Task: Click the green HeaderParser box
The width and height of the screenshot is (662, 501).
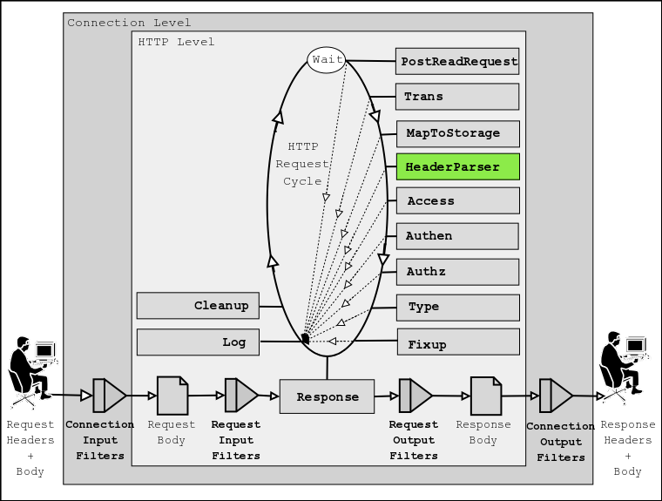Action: tap(458, 166)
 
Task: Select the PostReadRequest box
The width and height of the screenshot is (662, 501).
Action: tap(458, 62)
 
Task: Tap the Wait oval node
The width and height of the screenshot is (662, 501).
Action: tap(327, 59)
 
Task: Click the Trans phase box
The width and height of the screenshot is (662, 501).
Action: tap(458, 97)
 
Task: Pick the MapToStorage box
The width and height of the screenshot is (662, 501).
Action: tap(458, 133)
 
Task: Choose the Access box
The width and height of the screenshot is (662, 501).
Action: tap(458, 201)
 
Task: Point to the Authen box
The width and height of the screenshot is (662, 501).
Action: tap(458, 236)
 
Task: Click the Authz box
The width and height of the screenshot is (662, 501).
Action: tap(458, 272)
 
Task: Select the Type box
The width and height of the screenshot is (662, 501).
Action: tap(458, 307)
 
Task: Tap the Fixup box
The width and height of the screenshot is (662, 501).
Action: tap(458, 342)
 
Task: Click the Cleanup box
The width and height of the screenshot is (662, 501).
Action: tap(198, 306)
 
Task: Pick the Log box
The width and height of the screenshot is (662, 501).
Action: tap(198, 342)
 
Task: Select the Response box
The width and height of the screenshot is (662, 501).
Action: tap(327, 396)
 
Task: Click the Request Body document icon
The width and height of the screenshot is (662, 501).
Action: tap(172, 396)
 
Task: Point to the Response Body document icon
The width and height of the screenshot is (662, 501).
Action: tap(486, 396)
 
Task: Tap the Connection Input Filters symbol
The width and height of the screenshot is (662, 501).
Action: tap(109, 396)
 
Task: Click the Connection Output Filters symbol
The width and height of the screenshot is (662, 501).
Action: tap(555, 396)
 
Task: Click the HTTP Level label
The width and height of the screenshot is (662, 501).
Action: tap(176, 42)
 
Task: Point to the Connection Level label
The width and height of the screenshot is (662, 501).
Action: tap(129, 23)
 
